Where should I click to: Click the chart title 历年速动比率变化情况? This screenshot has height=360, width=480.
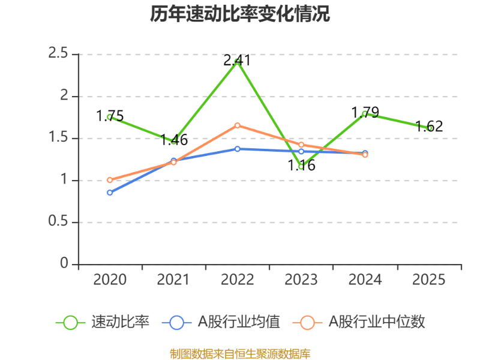(x=240, y=14)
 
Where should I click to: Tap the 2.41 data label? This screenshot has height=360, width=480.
(x=237, y=61)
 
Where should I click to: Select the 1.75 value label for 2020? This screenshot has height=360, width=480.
(x=110, y=116)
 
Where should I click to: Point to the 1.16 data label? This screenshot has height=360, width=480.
(x=301, y=166)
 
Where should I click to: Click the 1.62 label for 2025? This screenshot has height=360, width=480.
(x=429, y=127)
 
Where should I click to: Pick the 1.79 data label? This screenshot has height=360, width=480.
(x=365, y=113)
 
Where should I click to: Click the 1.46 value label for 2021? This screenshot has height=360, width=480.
(x=174, y=141)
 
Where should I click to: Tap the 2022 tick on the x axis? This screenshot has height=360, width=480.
(x=238, y=280)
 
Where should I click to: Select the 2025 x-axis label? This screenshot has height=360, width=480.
(x=429, y=280)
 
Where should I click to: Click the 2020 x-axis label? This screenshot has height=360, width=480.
(x=110, y=280)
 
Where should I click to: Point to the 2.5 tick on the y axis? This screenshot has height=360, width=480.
(x=59, y=54)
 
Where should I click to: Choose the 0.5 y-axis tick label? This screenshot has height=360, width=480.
(x=59, y=222)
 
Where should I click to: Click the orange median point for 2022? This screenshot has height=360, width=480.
(x=238, y=125)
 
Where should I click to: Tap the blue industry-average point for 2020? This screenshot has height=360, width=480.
(x=110, y=193)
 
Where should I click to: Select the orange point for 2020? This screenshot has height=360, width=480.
(x=110, y=180)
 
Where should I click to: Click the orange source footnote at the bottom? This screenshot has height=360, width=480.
(x=240, y=353)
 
